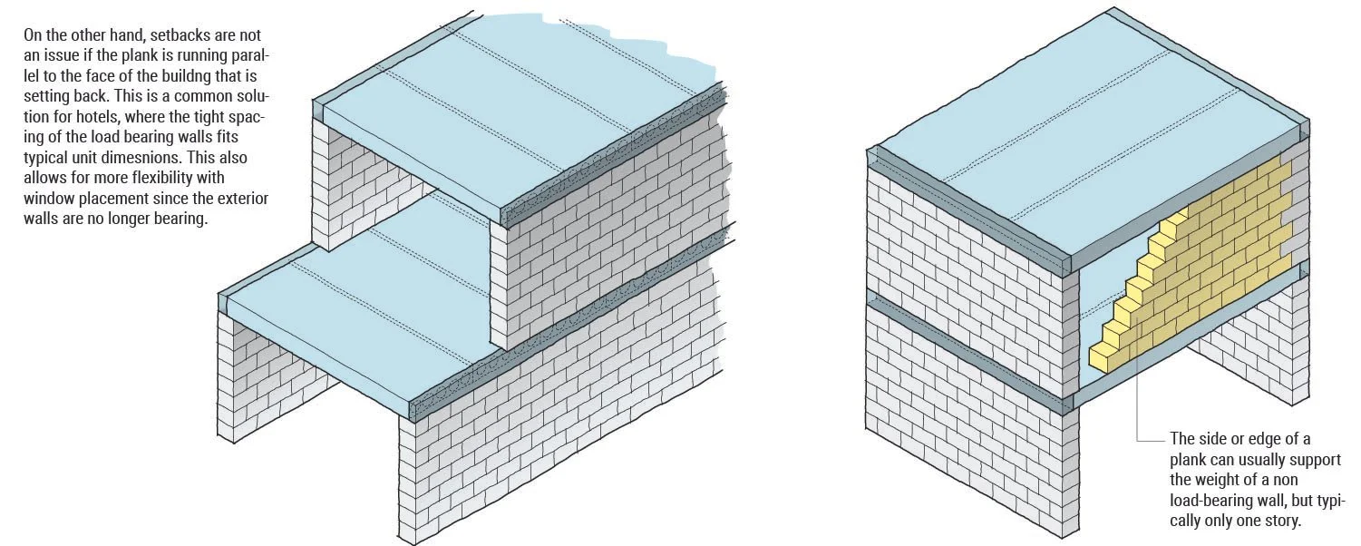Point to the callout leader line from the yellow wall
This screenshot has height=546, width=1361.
click(1139, 408)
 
